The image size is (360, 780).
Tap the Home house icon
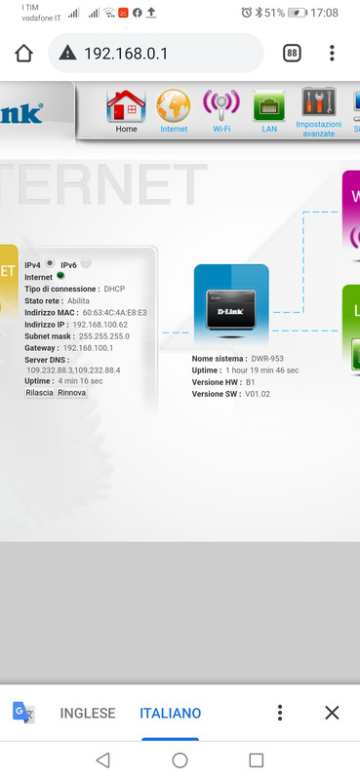pos(126,104)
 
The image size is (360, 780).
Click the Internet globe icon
pos(174,104)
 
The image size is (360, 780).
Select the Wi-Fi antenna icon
pos(220,104)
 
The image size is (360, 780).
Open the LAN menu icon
pos(268,104)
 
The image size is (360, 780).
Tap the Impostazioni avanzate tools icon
pos(319,103)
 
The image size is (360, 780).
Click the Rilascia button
pos(39,393)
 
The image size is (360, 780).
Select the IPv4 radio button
pos(49,263)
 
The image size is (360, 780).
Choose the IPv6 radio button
pos(86,263)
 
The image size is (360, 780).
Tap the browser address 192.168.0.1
pos(127,54)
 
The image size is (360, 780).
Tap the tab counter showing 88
pos(292,54)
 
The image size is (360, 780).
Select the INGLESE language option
pos(88,713)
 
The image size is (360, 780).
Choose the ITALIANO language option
pos(170,713)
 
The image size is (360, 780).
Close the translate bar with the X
pos(332,713)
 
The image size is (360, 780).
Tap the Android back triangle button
pos(102,760)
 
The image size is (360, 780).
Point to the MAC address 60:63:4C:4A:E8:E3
pos(114,312)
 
